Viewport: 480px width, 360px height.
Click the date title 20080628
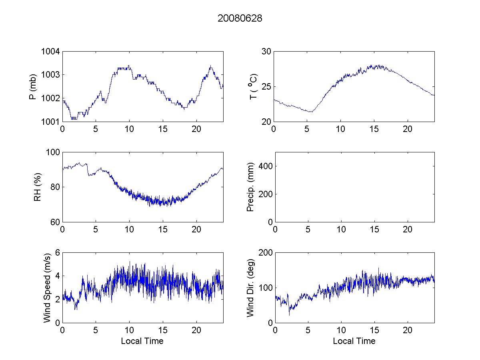click(240, 18)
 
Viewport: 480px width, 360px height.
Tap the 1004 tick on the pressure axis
click(50, 52)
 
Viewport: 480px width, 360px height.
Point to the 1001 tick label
click(50, 122)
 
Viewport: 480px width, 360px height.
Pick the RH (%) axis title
click(38, 187)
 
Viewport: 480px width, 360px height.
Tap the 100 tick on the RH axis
click(53, 152)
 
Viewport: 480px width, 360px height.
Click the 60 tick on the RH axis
click(55, 222)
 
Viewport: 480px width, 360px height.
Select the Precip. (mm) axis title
click(251, 187)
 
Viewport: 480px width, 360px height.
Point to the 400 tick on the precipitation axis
click(262, 166)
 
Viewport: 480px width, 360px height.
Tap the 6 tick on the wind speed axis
click(57, 253)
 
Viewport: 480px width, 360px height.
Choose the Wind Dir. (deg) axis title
click(251, 287)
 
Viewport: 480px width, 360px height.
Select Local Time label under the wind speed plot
click(142, 341)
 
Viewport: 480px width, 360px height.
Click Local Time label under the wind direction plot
click(354, 341)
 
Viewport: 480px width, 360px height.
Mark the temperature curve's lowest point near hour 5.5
click(310, 112)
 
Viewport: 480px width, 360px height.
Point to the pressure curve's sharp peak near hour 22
click(211, 66)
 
